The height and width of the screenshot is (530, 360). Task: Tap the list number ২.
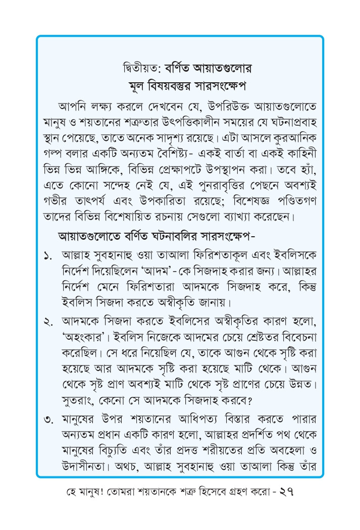point(49,322)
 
